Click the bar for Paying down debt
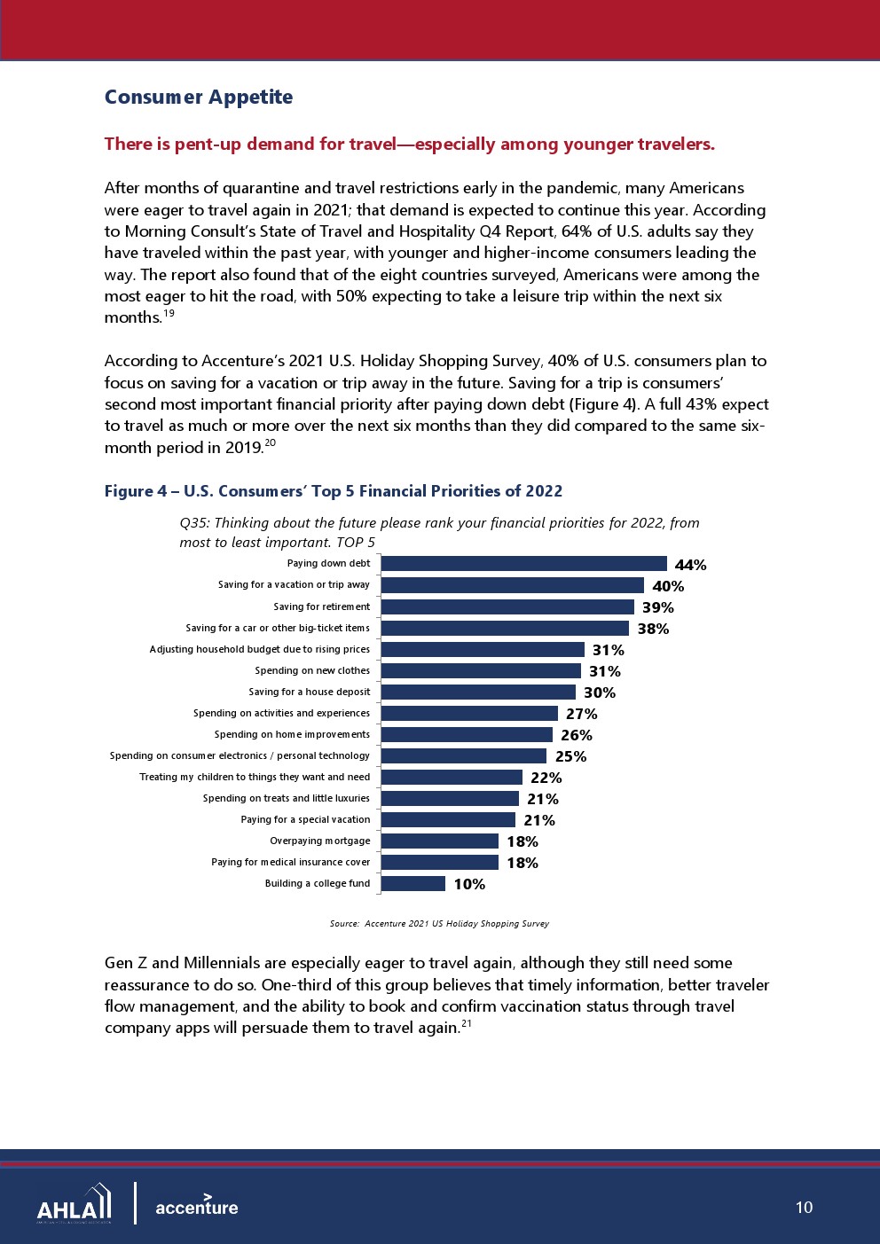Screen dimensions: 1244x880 pyautogui.click(x=523, y=564)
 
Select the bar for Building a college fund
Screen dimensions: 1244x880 pyautogui.click(x=413, y=883)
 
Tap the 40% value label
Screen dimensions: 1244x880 pyautogui.click(x=668, y=586)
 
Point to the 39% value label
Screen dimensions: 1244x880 pyautogui.click(x=658, y=607)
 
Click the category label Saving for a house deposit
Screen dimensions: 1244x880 pyautogui.click(x=309, y=692)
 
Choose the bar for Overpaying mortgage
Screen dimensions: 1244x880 pyautogui.click(x=440, y=841)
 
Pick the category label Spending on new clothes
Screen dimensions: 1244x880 pyautogui.click(x=312, y=670)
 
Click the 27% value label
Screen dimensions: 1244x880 pyautogui.click(x=582, y=714)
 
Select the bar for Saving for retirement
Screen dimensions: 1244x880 pyautogui.click(x=507, y=606)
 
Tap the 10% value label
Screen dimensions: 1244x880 pyautogui.click(x=469, y=884)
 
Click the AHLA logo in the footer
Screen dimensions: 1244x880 pyautogui.click(x=75, y=1204)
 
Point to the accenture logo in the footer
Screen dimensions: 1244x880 pyautogui.click(x=196, y=1206)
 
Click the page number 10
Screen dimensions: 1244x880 pyautogui.click(x=804, y=1207)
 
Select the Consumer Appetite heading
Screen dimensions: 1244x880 pyautogui.click(x=199, y=97)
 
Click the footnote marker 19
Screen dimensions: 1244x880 pyautogui.click(x=169, y=313)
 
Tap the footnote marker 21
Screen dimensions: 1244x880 pyautogui.click(x=466, y=1023)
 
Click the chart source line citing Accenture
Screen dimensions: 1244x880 pyautogui.click(x=439, y=924)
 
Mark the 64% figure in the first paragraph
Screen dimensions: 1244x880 pyautogui.click(x=577, y=231)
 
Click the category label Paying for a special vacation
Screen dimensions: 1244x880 pyautogui.click(x=305, y=819)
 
